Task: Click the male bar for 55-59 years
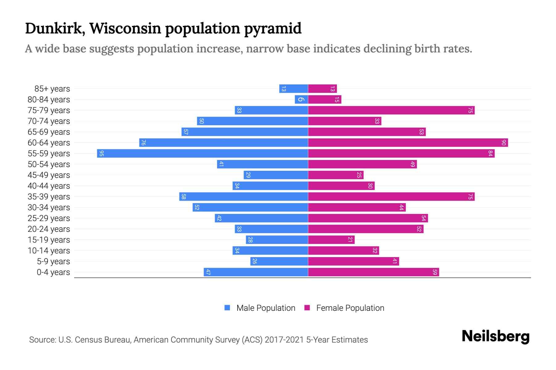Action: coord(202,153)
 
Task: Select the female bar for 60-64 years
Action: coord(408,142)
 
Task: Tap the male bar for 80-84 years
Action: coord(301,99)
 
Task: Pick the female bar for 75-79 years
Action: coord(391,110)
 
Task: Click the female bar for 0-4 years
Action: coord(373,272)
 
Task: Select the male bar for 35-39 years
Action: coord(243,196)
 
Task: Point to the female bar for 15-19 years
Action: coord(331,240)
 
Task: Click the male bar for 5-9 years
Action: coord(279,261)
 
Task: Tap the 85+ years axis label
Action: coord(52,89)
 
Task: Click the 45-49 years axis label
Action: coord(49,175)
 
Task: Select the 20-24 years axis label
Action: coord(49,229)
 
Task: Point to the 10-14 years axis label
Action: coord(49,251)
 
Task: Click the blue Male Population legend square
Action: coord(227,308)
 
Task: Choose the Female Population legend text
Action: coord(350,308)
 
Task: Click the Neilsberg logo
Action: coord(495,336)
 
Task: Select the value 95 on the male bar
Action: coord(101,153)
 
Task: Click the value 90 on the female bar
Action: coord(503,142)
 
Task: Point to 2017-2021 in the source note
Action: coord(284,340)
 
